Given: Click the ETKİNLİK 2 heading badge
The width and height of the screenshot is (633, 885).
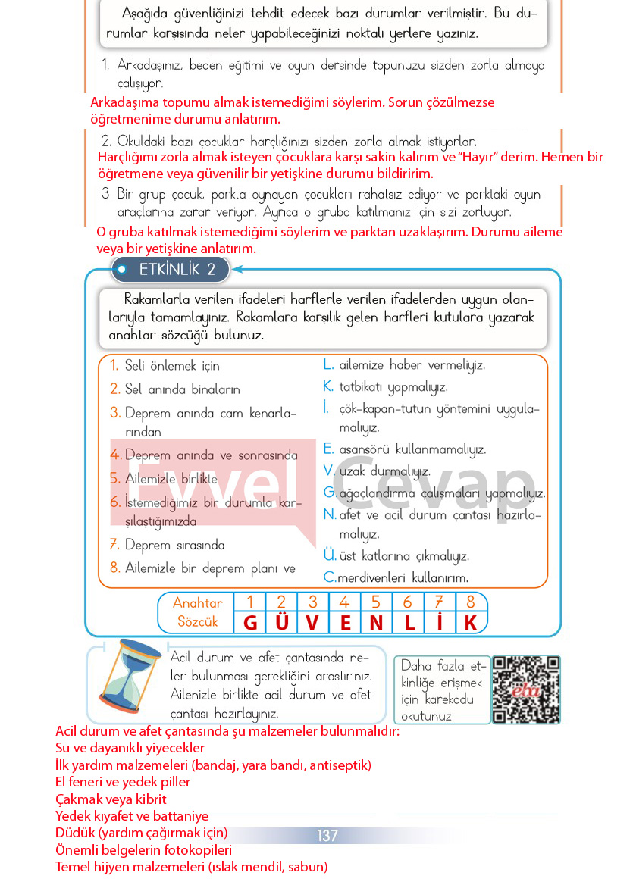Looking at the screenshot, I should point(171,269).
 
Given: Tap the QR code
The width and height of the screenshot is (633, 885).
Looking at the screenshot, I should point(526,690).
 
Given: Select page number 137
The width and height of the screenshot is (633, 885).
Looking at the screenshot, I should point(327,836).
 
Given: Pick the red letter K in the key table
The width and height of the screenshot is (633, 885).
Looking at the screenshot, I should point(471,623).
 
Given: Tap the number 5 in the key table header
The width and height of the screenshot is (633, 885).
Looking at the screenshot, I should point(376,603).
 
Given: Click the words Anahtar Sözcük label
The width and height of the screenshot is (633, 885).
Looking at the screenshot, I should point(197,612).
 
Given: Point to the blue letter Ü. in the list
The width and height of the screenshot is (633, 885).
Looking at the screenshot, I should point(330,555).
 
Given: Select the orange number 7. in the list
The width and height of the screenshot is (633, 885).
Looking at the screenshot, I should point(114,545).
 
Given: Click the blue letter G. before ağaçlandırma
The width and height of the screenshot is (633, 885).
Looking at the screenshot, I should point(329,493).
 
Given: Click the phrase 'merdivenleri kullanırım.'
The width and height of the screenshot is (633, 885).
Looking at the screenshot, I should point(403,577).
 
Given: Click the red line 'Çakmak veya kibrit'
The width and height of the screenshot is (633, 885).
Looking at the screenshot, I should point(111,799).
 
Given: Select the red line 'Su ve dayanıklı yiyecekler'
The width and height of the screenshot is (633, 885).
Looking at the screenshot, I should point(130,748).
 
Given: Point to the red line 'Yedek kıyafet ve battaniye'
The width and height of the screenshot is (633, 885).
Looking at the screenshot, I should point(132,816).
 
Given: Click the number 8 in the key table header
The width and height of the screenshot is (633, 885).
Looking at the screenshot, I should point(471,603).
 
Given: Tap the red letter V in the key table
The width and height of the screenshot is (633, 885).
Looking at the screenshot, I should point(313,623).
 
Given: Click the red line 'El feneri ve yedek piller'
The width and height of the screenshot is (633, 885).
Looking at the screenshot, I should point(123,782).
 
